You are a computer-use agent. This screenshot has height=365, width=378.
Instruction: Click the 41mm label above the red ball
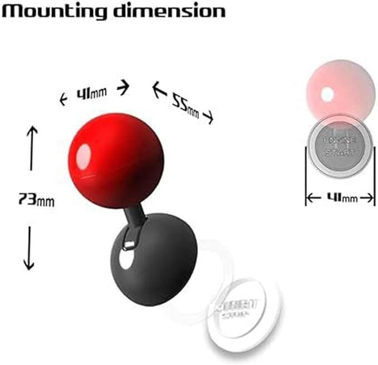(x=91, y=93)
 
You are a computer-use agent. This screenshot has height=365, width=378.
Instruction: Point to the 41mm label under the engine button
(x=340, y=198)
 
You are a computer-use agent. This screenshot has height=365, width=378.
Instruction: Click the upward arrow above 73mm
(x=31, y=147)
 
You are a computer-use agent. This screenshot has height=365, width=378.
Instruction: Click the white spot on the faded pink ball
(x=327, y=95)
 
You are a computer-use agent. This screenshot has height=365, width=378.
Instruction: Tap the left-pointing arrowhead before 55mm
(x=157, y=88)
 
